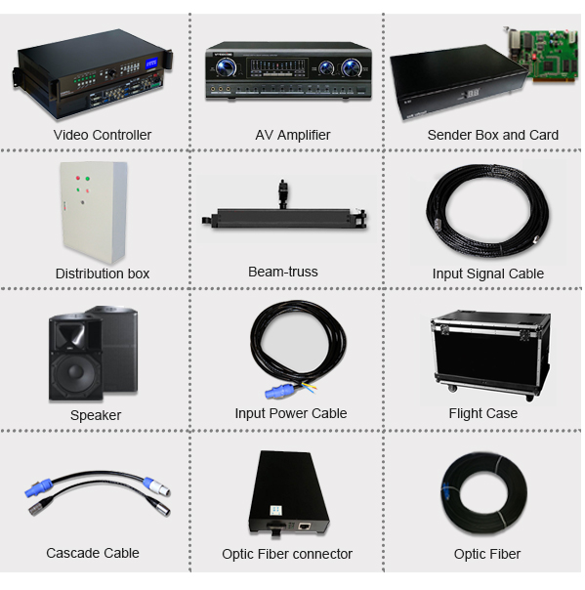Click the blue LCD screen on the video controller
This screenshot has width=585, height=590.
pyautogui.click(x=151, y=63)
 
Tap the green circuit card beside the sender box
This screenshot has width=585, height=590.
pyautogui.click(x=541, y=55)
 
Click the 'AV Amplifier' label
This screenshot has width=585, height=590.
pyautogui.click(x=293, y=135)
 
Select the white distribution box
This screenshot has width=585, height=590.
pyautogui.click(x=94, y=212)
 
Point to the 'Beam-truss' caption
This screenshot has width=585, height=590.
pyautogui.click(x=283, y=272)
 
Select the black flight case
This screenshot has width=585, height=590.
pyautogui.click(x=491, y=354)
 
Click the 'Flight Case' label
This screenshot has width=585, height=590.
pyautogui.click(x=483, y=413)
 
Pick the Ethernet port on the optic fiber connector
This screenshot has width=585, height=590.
pyautogui.click(x=304, y=526)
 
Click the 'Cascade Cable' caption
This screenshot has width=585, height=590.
pyautogui.click(x=93, y=553)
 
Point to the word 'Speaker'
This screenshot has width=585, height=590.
pyautogui.click(x=96, y=415)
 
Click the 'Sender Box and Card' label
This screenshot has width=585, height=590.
pyautogui.click(x=493, y=135)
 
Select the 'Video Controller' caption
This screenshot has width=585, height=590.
pyautogui.click(x=103, y=135)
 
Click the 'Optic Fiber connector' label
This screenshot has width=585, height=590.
pyautogui.click(x=287, y=554)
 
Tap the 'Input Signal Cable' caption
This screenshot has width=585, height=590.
pyautogui.click(x=488, y=274)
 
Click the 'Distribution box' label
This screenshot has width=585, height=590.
pyautogui.click(x=103, y=274)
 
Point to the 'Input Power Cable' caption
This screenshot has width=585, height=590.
pyautogui.click(x=291, y=413)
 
